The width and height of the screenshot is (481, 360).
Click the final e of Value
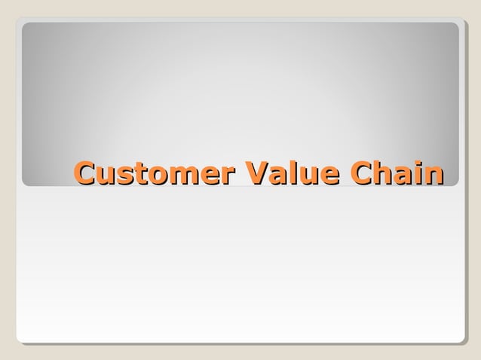[326, 175]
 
